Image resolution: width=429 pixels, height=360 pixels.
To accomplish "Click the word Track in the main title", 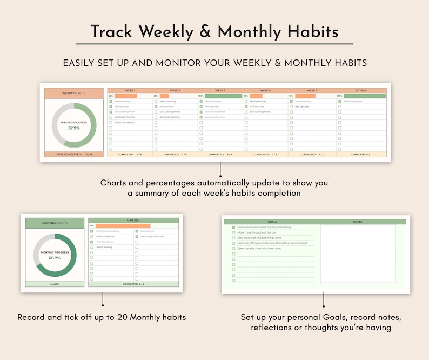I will click(x=111, y=31).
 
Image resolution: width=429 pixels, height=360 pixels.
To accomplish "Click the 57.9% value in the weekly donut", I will click(x=74, y=128).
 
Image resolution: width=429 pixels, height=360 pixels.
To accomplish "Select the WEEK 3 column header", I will click(x=220, y=90).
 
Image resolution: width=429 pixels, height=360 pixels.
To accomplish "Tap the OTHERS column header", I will click(x=361, y=90).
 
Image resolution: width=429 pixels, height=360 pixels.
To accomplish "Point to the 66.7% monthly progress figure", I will click(x=55, y=258).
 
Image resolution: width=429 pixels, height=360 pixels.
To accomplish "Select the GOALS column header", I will click(x=272, y=222).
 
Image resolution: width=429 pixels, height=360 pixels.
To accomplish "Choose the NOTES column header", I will click(x=358, y=222).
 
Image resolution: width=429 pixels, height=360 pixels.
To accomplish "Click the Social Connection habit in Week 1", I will click(x=125, y=122).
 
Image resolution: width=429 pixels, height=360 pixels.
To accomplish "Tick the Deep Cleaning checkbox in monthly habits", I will click(x=92, y=247).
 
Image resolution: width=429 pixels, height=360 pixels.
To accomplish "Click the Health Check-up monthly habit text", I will click(x=106, y=236).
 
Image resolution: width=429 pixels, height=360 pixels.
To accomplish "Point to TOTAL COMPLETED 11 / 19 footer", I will click(x=74, y=154).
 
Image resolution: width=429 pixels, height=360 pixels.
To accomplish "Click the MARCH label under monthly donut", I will click(x=55, y=284).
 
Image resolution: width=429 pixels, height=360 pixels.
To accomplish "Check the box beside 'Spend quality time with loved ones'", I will click(x=233, y=248).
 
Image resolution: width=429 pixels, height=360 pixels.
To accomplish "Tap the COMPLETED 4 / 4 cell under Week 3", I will click(x=220, y=154).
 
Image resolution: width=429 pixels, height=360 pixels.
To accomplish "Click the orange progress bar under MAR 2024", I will click(x=123, y=226).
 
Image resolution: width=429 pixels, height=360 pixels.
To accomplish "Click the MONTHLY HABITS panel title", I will click(x=55, y=223).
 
